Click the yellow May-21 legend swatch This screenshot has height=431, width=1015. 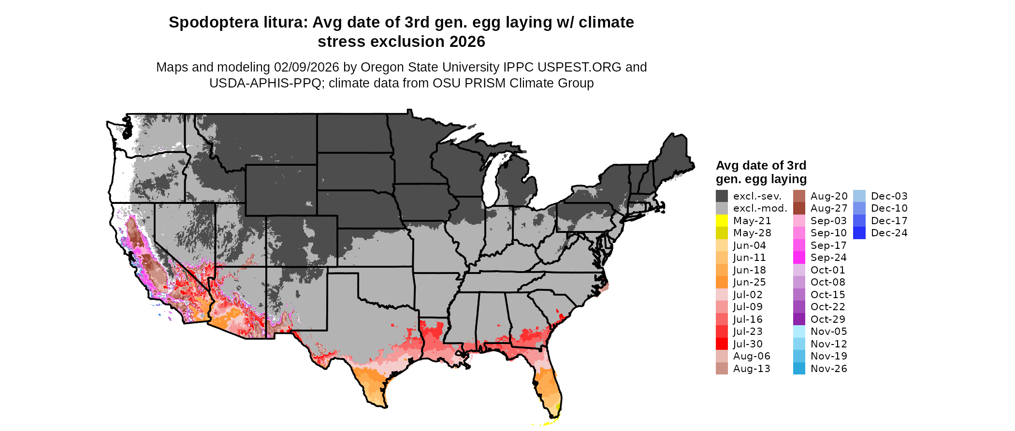click(722, 221)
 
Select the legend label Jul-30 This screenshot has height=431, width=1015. click(748, 344)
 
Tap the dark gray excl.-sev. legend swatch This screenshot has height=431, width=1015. click(722, 196)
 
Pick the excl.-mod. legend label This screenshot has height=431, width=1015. click(760, 208)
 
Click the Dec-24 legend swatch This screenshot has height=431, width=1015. click(859, 233)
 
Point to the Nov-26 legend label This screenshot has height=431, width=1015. click(828, 369)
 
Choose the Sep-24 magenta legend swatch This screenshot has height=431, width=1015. click(799, 258)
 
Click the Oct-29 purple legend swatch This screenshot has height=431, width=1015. click(799, 319)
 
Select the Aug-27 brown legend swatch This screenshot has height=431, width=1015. click(799, 208)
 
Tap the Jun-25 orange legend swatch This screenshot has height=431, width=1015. click(722, 282)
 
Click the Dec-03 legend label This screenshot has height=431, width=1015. click(889, 196)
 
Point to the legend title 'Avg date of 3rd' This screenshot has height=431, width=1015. click(761, 166)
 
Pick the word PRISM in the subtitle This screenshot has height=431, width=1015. click(483, 84)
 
